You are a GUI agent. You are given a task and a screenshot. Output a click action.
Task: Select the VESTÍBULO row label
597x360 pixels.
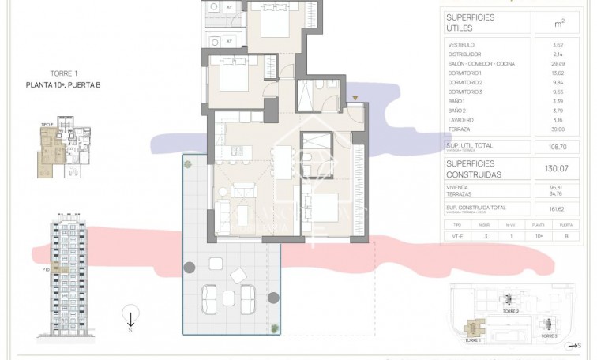point(461,46)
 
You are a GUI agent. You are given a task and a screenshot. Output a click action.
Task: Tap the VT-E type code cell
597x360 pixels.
point(458,234)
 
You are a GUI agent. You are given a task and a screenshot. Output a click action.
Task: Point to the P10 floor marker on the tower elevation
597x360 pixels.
point(47,269)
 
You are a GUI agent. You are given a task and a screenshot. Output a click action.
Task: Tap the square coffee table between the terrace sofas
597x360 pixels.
point(228,298)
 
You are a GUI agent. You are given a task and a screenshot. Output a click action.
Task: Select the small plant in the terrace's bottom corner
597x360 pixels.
point(274,327)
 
